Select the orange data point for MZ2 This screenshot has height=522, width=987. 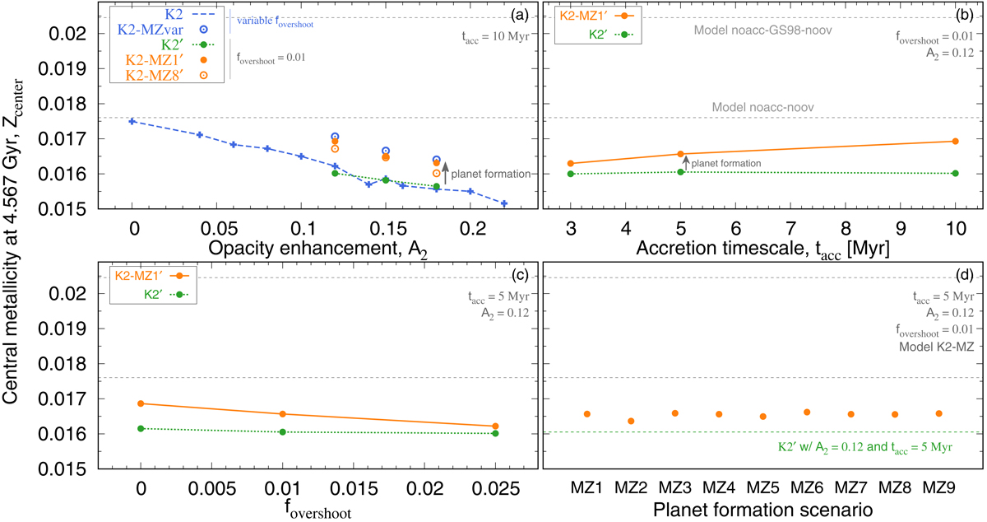tap(631, 421)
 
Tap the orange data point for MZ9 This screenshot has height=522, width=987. tap(938, 413)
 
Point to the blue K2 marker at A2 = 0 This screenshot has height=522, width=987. tap(132, 121)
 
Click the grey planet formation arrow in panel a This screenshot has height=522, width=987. tap(445, 172)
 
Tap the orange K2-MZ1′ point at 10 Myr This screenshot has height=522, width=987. tap(955, 141)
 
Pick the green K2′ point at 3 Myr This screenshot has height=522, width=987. tap(571, 174)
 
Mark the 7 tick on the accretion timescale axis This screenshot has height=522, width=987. tap(790, 228)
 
